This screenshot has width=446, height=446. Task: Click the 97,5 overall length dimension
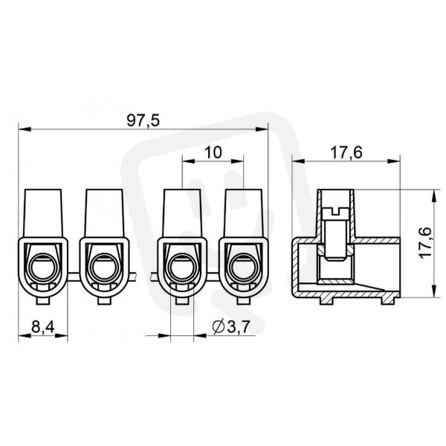pyautogui.click(x=143, y=120)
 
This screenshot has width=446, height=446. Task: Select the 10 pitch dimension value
pyautogui.click(x=213, y=152)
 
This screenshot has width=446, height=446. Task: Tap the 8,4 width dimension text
pyautogui.click(x=43, y=327)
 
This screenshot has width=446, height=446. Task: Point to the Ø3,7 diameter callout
pyautogui.click(x=231, y=327)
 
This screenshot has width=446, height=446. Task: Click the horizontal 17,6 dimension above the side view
pyautogui.click(x=346, y=152)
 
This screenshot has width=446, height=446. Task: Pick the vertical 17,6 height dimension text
pyautogui.click(x=425, y=243)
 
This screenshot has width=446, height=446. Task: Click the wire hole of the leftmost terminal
pyautogui.click(x=43, y=268)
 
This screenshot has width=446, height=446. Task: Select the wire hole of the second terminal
pyautogui.click(x=104, y=268)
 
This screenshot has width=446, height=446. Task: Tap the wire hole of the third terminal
pyautogui.click(x=182, y=268)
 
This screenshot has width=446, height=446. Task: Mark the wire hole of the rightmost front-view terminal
pyautogui.click(x=244, y=268)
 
